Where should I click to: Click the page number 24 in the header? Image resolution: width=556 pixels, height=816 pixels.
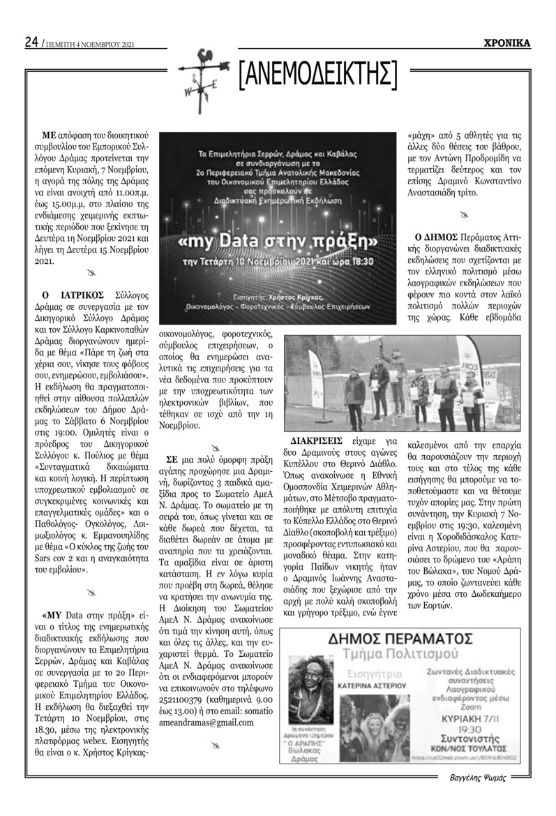(31, 43)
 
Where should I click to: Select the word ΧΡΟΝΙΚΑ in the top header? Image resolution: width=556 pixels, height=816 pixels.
(507, 43)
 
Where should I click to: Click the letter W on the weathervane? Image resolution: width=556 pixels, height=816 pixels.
(187, 92)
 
